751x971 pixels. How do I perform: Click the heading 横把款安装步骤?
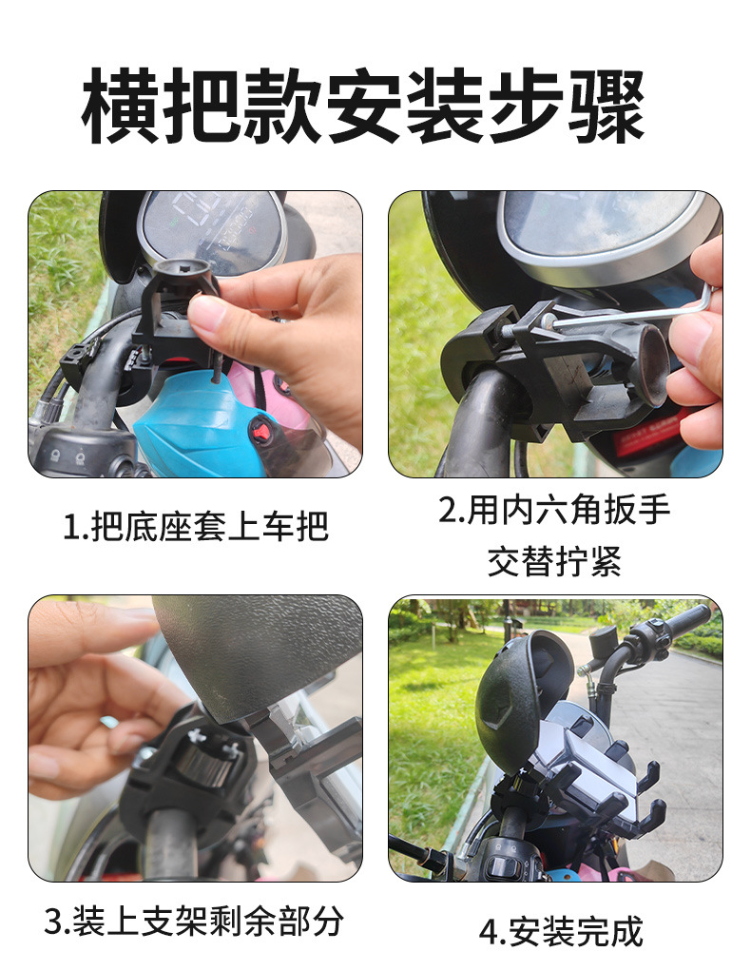pyautogui.click(x=363, y=106)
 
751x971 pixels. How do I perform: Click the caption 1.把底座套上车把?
pyautogui.click(x=195, y=527)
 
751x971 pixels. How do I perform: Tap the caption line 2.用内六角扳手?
pyautogui.click(x=554, y=510)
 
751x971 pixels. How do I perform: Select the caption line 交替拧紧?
pyautogui.click(x=554, y=561)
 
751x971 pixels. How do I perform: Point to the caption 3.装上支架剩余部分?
pyautogui.click(x=195, y=921)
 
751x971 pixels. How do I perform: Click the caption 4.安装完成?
pyautogui.click(x=561, y=931)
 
